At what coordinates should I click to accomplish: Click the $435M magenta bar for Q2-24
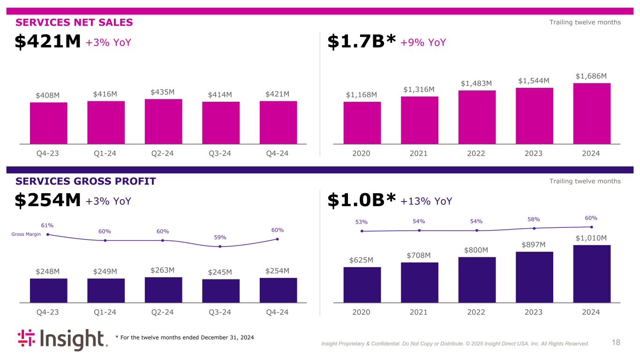(163, 121)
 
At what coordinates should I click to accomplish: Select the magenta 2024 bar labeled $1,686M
(592, 113)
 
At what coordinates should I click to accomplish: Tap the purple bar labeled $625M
(362, 285)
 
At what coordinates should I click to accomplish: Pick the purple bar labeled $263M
(163, 290)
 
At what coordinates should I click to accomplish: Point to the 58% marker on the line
(534, 228)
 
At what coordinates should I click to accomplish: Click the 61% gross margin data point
(48, 234)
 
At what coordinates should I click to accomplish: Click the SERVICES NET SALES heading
(74, 22)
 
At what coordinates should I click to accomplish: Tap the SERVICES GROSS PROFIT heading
(85, 181)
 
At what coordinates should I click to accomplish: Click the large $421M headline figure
(48, 42)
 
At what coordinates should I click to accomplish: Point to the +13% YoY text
(426, 201)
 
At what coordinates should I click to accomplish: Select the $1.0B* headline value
(361, 201)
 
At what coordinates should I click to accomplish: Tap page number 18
(616, 343)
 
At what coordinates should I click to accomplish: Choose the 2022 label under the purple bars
(476, 312)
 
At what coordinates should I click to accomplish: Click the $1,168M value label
(361, 95)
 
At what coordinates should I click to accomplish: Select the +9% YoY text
(423, 43)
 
